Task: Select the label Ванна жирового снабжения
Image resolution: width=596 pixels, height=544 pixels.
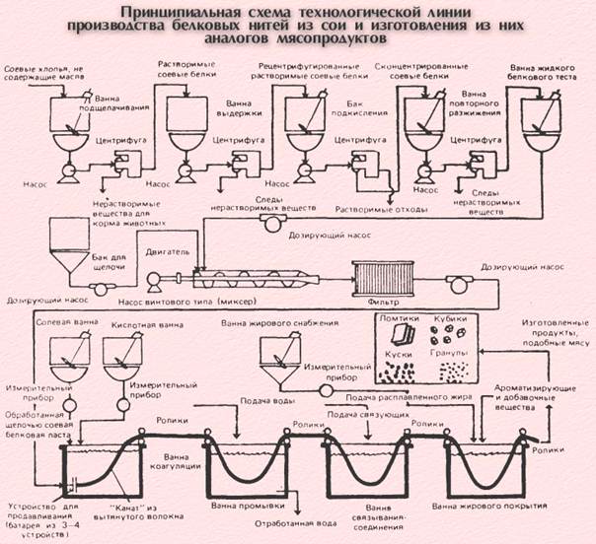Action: (273, 322)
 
